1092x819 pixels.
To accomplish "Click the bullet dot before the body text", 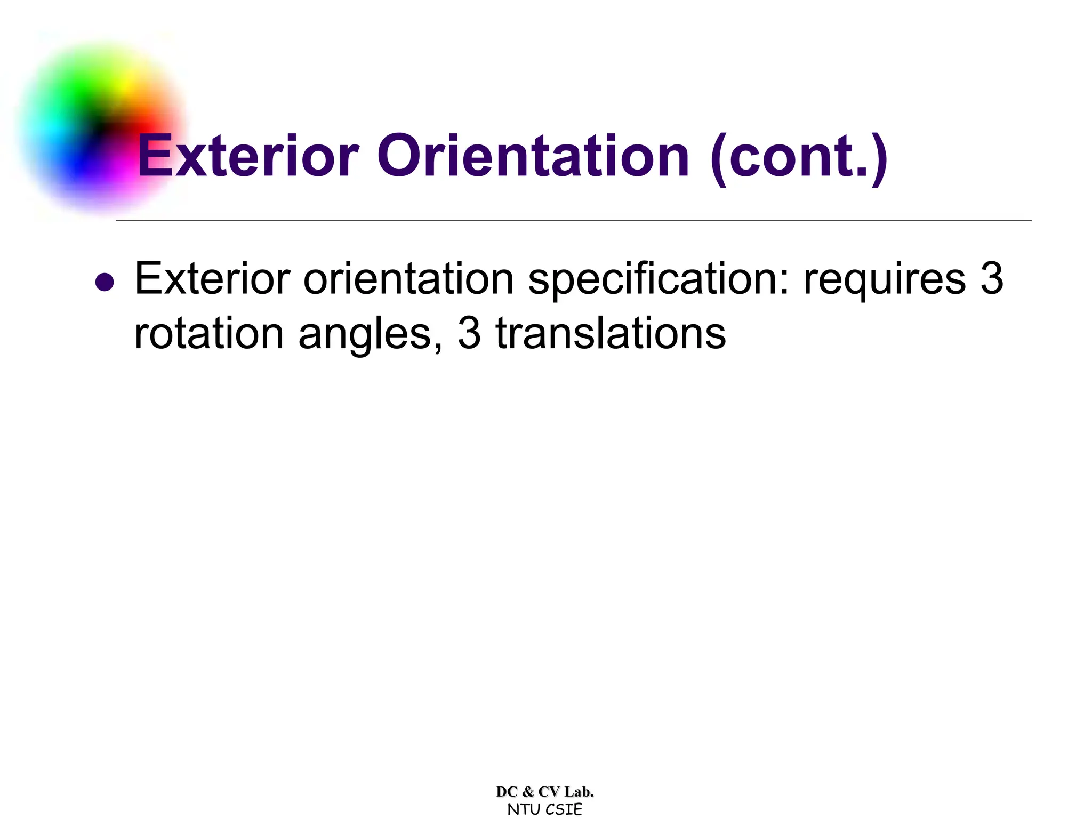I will click(105, 282).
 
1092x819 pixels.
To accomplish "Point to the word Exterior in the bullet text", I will click(212, 279).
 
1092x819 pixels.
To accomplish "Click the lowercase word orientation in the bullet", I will click(408, 279).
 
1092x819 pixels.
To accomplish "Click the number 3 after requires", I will click(992, 279).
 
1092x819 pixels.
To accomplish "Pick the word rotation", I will click(209, 334).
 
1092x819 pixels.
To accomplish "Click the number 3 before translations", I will click(469, 334).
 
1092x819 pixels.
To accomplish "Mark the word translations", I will click(611, 334).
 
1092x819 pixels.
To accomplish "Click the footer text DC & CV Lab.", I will click(545, 792).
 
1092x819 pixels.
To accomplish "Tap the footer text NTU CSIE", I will click(545, 809).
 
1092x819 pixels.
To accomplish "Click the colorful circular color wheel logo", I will click(101, 128).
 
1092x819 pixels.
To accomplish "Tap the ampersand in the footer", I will click(528, 792).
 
